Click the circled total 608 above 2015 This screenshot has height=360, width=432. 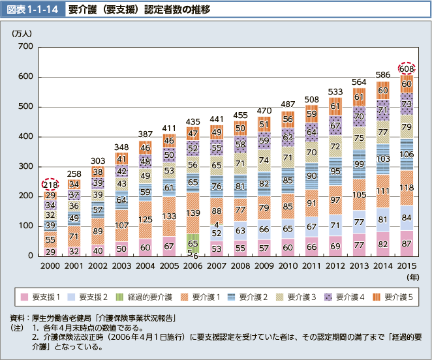point(406,68)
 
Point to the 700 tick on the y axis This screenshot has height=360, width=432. point(25,47)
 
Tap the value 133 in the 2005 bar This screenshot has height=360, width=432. point(168,216)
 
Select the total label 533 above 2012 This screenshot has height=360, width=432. point(335,91)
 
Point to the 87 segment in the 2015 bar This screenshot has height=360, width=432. point(406,243)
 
